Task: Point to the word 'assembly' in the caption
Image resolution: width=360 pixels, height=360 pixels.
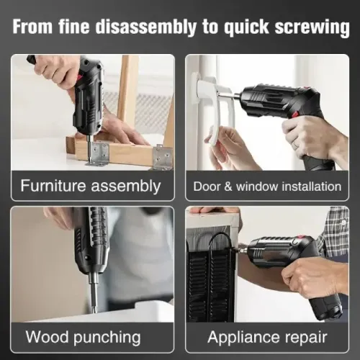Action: pos(130,186)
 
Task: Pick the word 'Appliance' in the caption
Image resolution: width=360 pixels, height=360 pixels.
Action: pos(241,336)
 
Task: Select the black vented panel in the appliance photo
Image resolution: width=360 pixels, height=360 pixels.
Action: pos(209,281)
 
